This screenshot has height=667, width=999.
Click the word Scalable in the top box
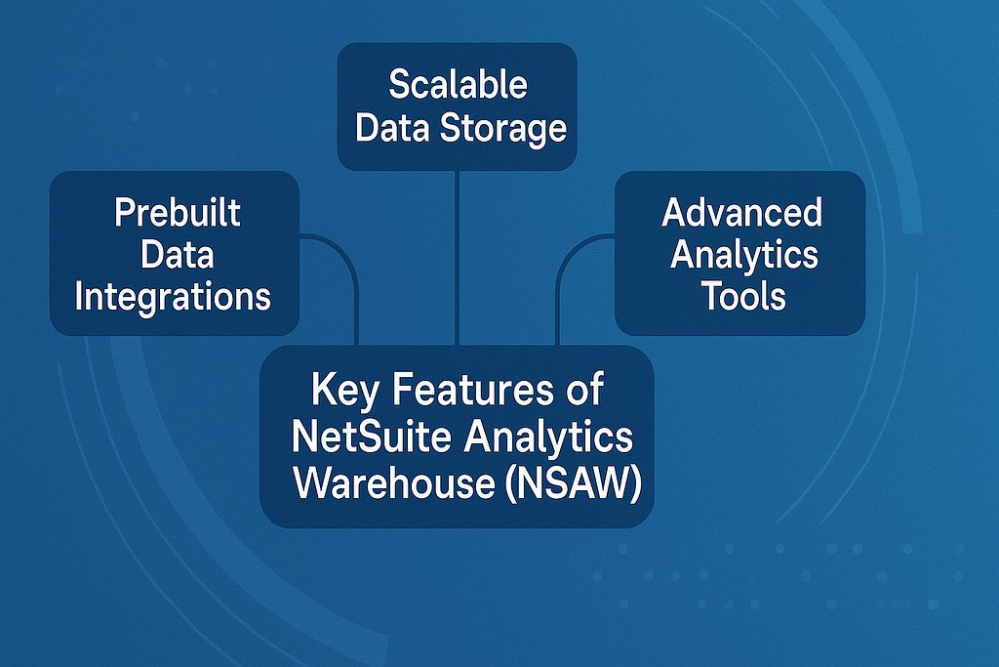458,85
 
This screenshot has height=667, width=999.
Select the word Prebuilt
177,212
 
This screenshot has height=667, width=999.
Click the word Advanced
741,212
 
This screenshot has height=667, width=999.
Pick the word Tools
743,295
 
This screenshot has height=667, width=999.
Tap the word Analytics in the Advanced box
743,254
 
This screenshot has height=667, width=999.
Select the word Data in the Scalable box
387,127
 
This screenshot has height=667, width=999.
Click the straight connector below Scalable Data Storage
458,254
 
